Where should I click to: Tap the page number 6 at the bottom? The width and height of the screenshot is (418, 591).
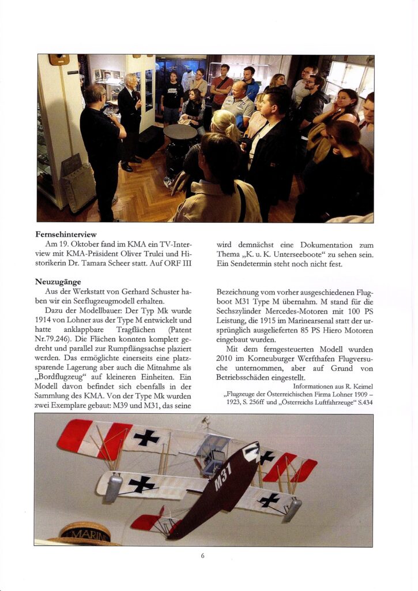click(x=203, y=556)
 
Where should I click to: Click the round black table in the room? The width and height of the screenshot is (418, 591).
click(x=180, y=132)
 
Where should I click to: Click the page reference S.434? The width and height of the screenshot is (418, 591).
click(x=363, y=402)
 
